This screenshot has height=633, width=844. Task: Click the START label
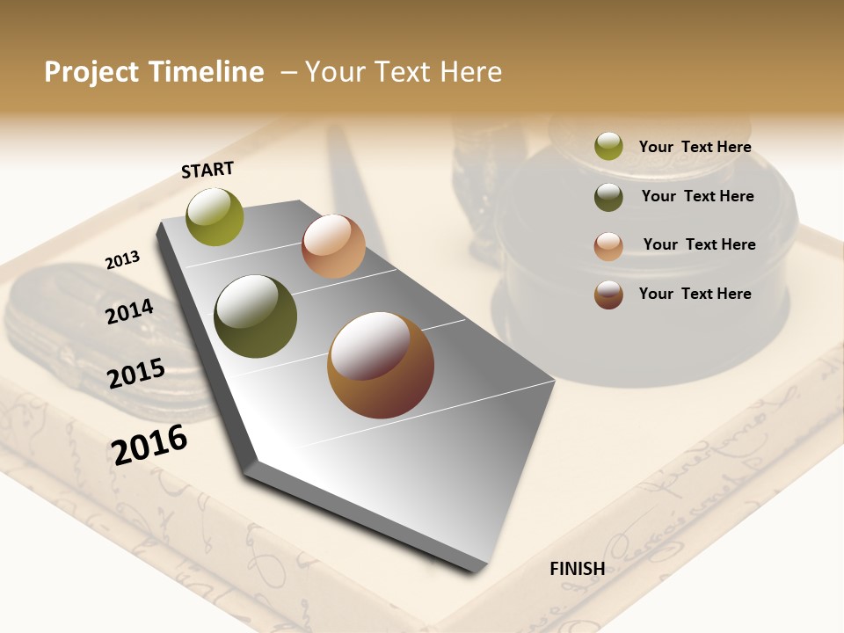pos(207,170)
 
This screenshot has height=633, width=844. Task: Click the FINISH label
pos(577,569)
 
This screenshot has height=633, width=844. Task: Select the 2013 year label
pos(122,260)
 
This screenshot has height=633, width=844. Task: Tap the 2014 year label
pos(129,312)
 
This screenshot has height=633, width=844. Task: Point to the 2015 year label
pos(135,374)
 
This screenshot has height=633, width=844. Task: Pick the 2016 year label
pos(149,444)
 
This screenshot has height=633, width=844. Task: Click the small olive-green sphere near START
pos(215,216)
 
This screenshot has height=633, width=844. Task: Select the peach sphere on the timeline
pos(333,246)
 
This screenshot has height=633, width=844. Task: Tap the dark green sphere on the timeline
pos(256,316)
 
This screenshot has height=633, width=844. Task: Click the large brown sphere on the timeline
pos(381,365)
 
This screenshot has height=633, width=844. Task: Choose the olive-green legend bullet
pos(608,147)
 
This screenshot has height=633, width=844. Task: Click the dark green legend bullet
pos(608,197)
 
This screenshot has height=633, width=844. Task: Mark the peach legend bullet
pos(608,246)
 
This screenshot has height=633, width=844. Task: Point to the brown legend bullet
pos(608,295)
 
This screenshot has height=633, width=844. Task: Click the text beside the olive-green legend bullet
pos(695,147)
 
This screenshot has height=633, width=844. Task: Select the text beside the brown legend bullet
pos(695,294)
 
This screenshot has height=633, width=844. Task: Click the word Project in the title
pos(91,72)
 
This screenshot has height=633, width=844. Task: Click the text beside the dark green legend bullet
pos(697,196)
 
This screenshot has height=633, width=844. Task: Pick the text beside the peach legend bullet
pos(699,244)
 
